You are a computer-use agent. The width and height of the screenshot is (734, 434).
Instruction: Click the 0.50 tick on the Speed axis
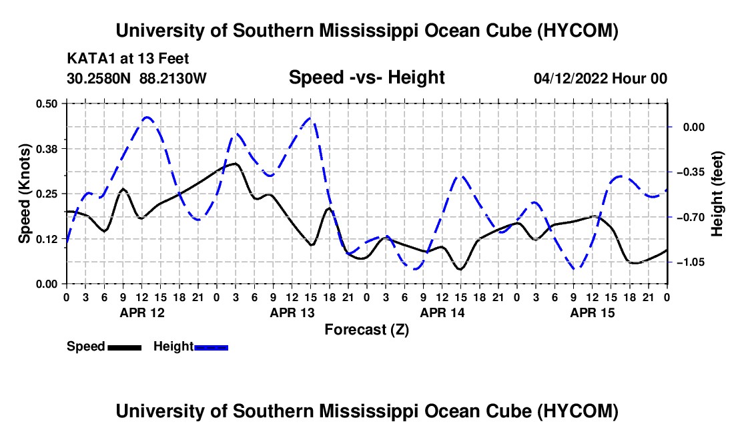point(46,103)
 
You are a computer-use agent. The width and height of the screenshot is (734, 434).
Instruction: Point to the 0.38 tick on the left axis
point(46,149)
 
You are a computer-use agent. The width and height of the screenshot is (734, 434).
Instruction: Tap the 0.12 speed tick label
point(46,239)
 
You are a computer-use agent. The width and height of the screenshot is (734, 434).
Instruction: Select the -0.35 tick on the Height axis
point(691,172)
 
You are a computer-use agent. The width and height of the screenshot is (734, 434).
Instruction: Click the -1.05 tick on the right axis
point(691,262)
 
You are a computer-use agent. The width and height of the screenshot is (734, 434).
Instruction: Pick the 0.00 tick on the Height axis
point(694,128)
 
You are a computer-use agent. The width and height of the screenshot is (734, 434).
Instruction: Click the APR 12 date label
point(142,312)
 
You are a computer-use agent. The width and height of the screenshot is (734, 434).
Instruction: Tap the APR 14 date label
point(442,312)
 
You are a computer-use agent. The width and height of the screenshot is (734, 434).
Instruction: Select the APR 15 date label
point(592,312)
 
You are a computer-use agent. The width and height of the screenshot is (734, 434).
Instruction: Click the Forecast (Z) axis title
point(366,330)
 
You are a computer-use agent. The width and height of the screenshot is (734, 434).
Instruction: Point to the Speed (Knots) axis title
point(24,194)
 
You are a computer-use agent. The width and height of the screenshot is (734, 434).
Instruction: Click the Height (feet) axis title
point(717,194)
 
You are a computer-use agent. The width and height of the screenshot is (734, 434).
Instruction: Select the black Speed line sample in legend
point(125,347)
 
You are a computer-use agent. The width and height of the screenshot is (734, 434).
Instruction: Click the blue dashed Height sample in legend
point(211,347)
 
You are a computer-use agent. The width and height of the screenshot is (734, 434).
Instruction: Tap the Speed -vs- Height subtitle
point(366,77)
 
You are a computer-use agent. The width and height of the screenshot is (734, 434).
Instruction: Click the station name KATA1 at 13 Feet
point(128,59)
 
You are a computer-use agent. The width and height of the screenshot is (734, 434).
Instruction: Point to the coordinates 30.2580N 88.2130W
point(136,78)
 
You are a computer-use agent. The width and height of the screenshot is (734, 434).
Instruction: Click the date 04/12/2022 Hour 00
point(601,78)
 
